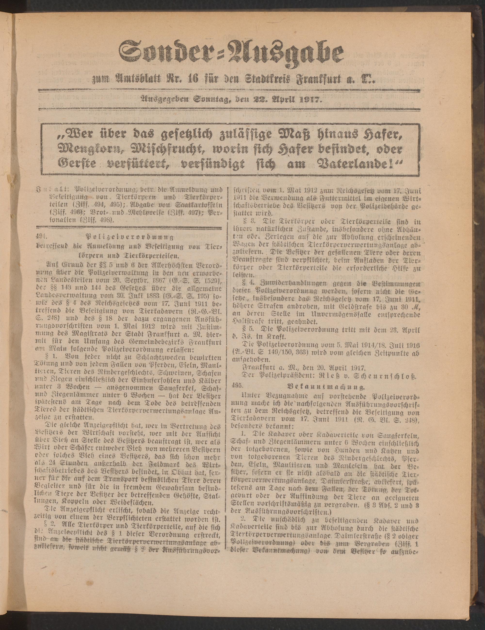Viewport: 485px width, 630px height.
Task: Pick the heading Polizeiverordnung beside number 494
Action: [130, 237]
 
